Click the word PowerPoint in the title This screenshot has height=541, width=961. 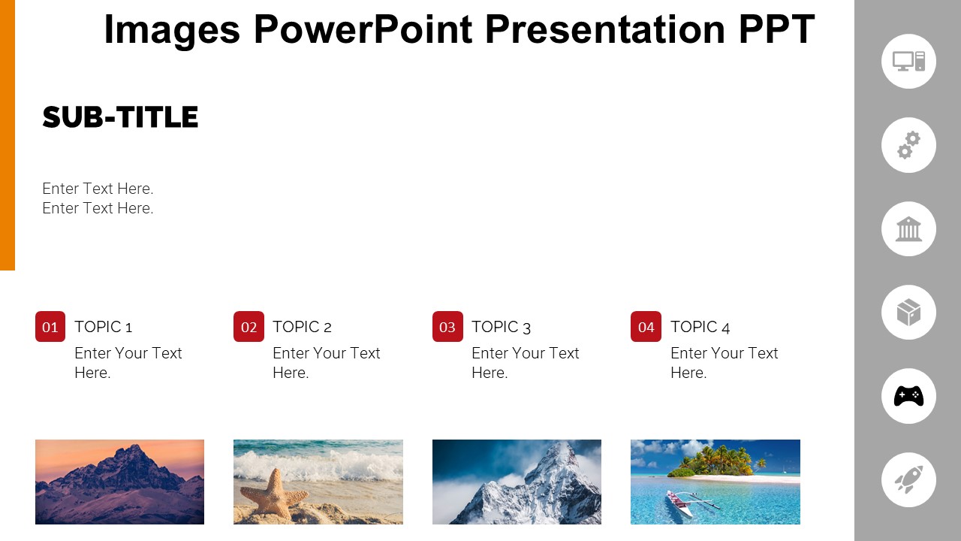click(363, 30)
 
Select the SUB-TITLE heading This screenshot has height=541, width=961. click(120, 118)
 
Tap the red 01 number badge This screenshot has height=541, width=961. click(50, 327)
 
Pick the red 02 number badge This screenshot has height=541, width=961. click(249, 327)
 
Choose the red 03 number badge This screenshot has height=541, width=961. click(447, 327)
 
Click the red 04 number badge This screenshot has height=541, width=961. click(646, 327)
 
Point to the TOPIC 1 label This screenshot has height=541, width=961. click(103, 327)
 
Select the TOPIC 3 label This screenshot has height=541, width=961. click(501, 327)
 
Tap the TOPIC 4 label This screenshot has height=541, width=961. click(700, 327)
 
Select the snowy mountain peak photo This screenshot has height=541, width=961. click(517, 482)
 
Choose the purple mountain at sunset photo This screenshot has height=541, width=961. click(119, 482)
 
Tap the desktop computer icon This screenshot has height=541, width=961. click(908, 62)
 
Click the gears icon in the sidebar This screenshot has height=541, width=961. click(908, 145)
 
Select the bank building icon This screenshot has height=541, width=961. click(908, 229)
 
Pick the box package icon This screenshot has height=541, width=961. click(908, 313)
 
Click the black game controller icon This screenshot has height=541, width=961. click(908, 396)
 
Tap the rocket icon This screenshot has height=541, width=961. click(908, 479)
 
